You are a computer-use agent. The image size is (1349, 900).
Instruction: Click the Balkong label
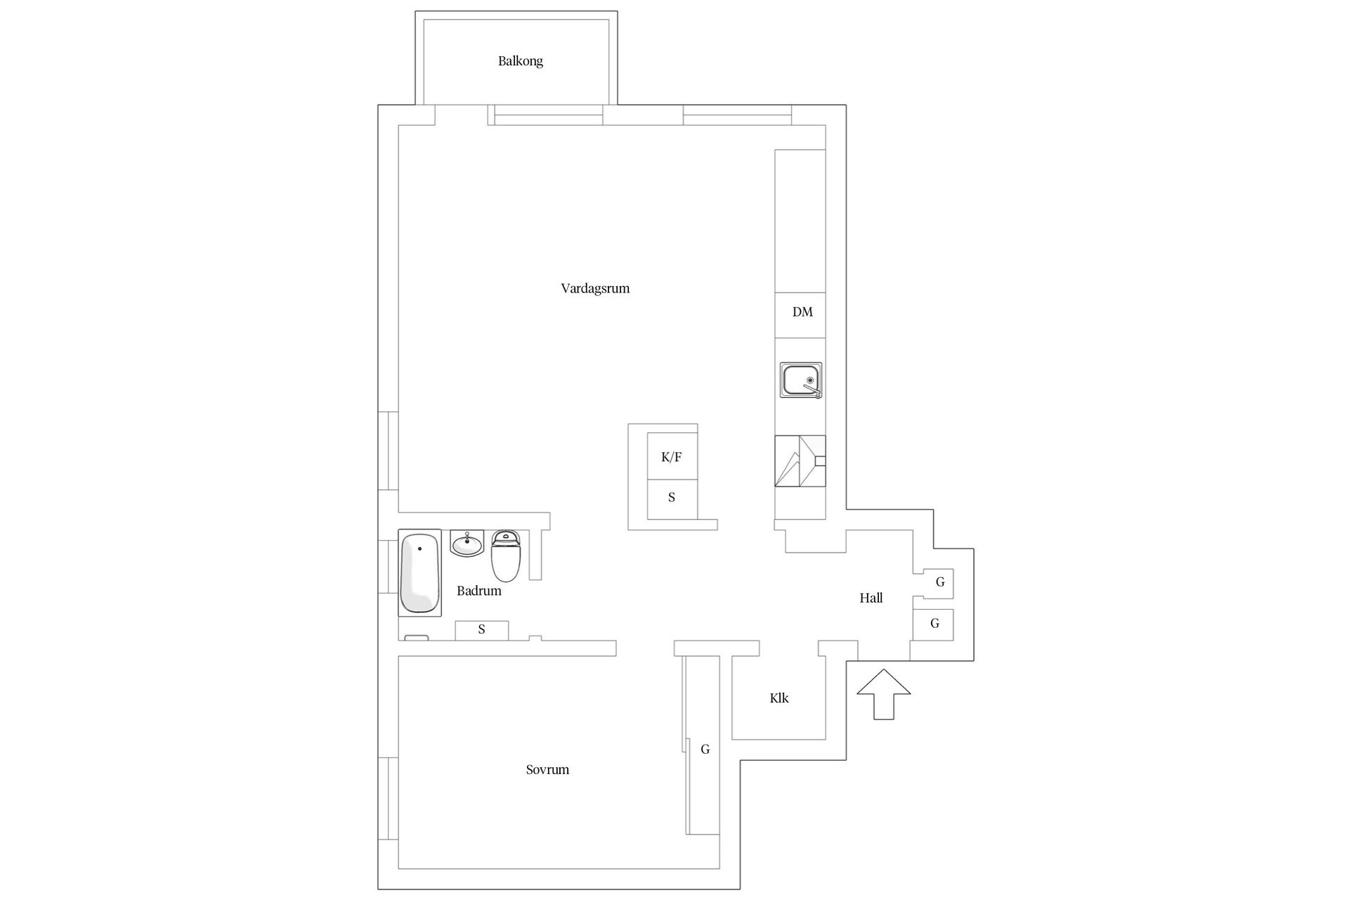pyautogui.click(x=520, y=61)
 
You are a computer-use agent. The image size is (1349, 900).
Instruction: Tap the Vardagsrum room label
pyautogui.click(x=595, y=288)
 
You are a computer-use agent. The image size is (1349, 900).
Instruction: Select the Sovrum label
pyautogui.click(x=547, y=769)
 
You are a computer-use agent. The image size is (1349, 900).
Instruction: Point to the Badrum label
pyautogui.click(x=479, y=591)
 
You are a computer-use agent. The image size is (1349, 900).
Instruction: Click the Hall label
pyautogui.click(x=871, y=598)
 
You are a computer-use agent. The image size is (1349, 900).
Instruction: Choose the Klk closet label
pyautogui.click(x=779, y=698)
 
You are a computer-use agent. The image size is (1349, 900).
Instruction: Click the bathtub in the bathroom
pyautogui.click(x=419, y=572)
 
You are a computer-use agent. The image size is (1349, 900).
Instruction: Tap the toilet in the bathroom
pyautogui.click(x=505, y=555)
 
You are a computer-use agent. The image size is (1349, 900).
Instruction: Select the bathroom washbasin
pyautogui.click(x=467, y=544)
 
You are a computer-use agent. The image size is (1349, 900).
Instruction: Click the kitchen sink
pyautogui.click(x=800, y=380)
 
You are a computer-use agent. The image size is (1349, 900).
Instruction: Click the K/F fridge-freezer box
pyautogui.click(x=672, y=456)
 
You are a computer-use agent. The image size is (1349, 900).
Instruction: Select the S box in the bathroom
pyautogui.click(x=482, y=630)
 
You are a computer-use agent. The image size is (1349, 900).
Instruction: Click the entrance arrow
pyautogui.click(x=884, y=694)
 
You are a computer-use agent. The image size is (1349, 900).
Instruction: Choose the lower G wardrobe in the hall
pyautogui.click(x=933, y=624)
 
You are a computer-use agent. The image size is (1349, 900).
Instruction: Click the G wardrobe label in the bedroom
pyautogui.click(x=705, y=750)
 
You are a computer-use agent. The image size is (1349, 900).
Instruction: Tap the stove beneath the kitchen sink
pyautogui.click(x=800, y=461)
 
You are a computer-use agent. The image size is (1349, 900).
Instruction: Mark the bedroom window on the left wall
pyautogui.click(x=389, y=798)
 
